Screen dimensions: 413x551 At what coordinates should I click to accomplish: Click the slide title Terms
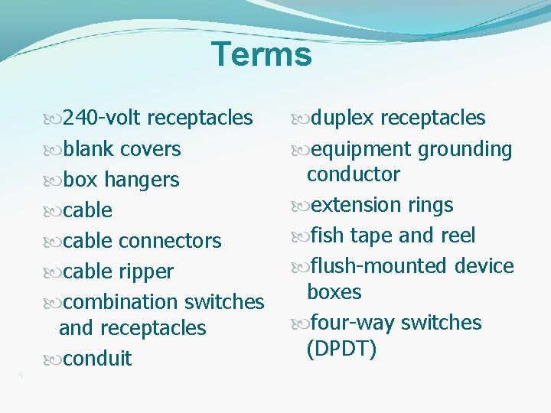coord(262,55)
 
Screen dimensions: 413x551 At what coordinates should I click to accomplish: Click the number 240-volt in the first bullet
coord(102,118)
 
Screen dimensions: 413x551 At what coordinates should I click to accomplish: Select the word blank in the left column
coord(89,149)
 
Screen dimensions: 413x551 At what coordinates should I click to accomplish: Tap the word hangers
coord(142,180)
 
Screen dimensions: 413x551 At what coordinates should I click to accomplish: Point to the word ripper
coord(145,272)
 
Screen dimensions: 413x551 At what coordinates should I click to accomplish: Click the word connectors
coord(169,241)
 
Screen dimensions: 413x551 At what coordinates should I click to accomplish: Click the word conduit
coord(97,359)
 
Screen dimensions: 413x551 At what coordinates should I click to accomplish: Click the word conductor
coord(353,174)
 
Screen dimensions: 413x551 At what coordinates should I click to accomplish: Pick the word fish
coord(324,236)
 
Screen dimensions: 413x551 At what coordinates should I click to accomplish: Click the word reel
coord(456,236)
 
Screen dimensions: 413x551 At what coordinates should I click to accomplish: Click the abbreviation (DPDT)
coord(341,350)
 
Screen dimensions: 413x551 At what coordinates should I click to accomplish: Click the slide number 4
coord(21,374)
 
